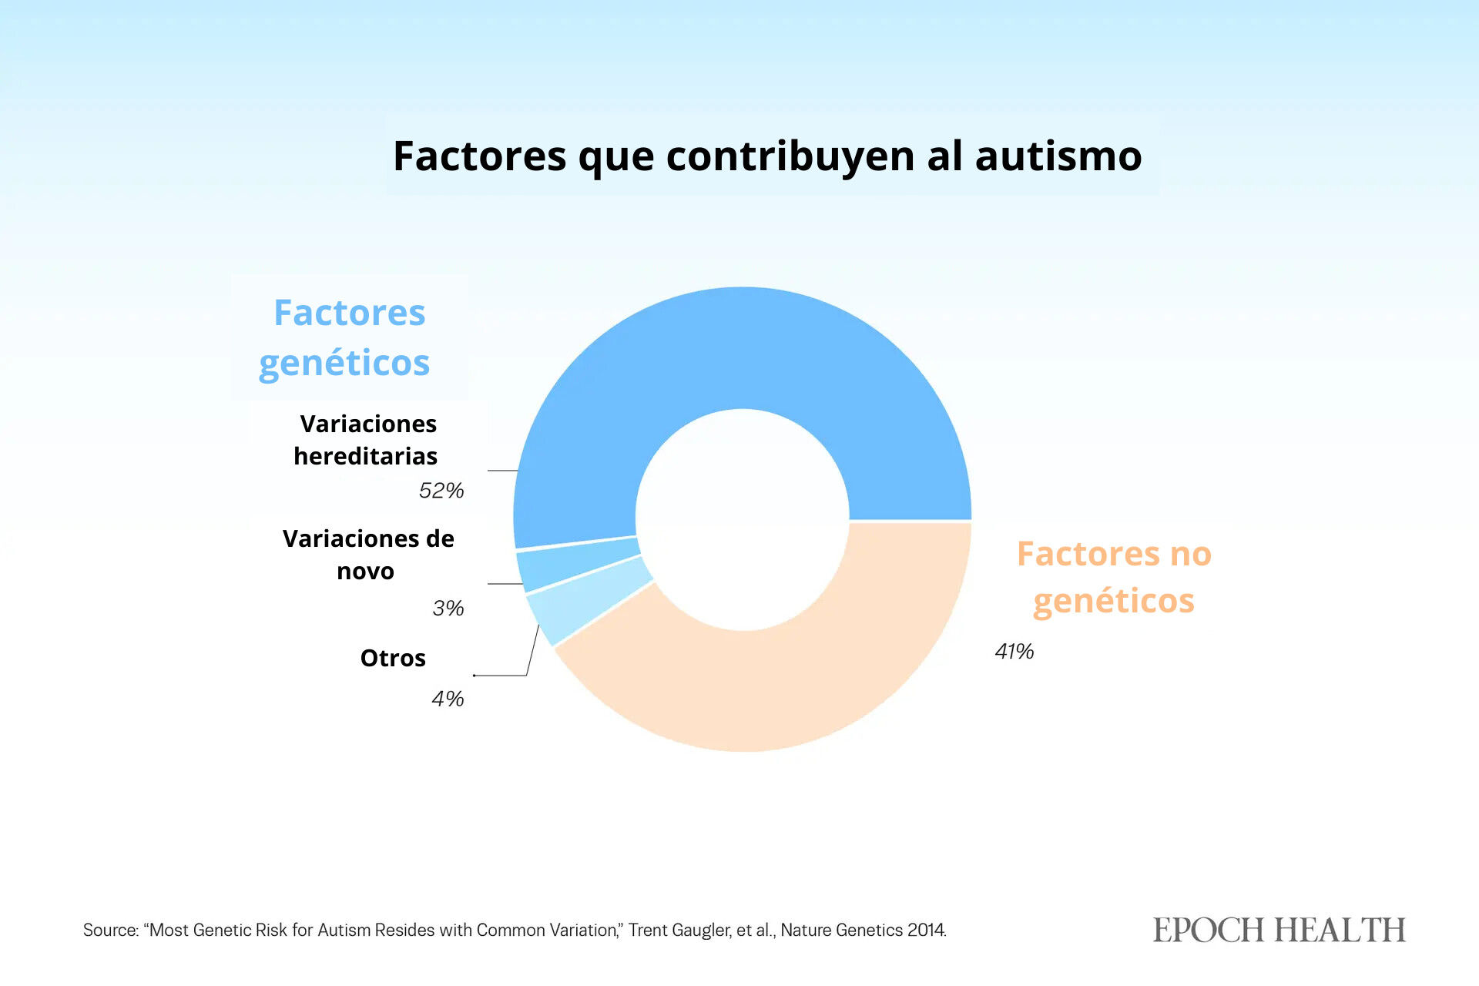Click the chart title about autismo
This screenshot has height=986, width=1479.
click(x=767, y=156)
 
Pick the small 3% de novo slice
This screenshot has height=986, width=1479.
click(x=578, y=564)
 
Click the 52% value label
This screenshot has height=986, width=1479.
click(x=441, y=491)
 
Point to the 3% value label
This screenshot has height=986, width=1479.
click(x=448, y=609)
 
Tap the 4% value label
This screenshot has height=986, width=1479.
click(x=448, y=699)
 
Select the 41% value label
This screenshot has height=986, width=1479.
click(x=1015, y=652)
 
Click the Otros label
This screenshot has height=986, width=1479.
click(x=393, y=659)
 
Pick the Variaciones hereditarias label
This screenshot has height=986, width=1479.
click(x=367, y=440)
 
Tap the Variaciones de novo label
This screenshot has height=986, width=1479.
click(x=367, y=555)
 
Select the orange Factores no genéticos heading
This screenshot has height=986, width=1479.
click(x=1114, y=577)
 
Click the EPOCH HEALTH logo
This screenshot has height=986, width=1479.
click(x=1279, y=930)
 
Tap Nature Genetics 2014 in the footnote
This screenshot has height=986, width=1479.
click(x=863, y=931)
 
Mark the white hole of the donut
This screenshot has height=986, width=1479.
click(x=743, y=520)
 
